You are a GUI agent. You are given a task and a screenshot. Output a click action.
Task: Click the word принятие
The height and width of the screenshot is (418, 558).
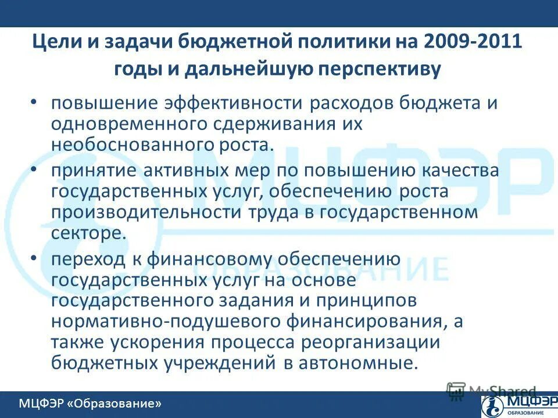87,171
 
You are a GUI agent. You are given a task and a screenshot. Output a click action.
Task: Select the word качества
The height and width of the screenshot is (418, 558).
466,171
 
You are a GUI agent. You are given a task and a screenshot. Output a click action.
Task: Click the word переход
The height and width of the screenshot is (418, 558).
84,259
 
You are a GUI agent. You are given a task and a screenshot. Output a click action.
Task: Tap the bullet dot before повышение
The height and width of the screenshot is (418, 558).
34,102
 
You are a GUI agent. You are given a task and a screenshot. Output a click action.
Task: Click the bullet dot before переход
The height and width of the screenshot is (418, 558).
34,257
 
